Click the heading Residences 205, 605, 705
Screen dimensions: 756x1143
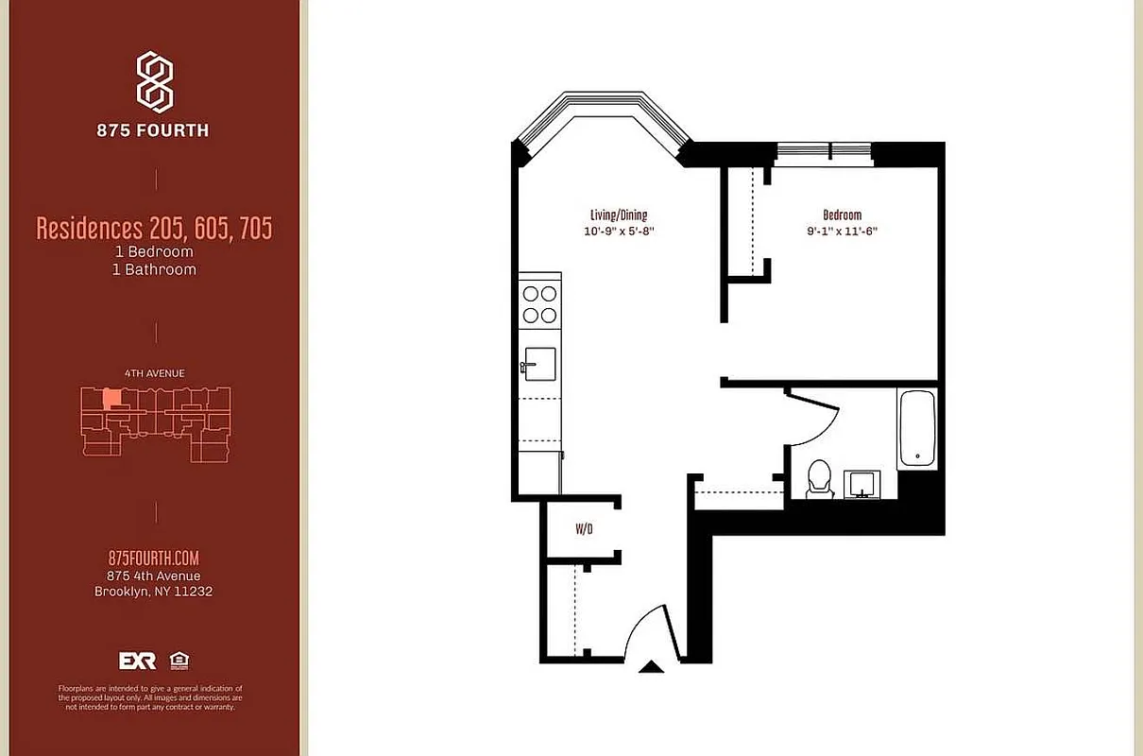(x=154, y=229)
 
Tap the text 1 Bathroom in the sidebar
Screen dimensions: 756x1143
(x=154, y=269)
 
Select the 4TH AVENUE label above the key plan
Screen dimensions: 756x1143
(x=154, y=373)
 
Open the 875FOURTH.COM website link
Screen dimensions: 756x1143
(x=154, y=558)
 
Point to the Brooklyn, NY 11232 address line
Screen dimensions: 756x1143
(x=154, y=593)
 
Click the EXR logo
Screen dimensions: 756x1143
(x=137, y=661)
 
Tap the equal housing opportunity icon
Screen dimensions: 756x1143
(x=178, y=660)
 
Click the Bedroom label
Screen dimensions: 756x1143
(x=842, y=215)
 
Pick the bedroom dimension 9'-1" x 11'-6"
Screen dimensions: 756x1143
(x=842, y=231)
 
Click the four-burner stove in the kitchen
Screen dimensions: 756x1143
(x=539, y=303)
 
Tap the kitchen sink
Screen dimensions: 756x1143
(x=540, y=362)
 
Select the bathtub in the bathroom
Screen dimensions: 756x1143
(x=916, y=428)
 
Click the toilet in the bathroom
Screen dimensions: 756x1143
(x=818, y=477)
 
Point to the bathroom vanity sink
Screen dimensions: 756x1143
(x=862, y=484)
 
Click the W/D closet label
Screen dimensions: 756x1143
(x=584, y=529)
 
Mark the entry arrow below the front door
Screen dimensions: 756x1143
(x=651, y=667)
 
